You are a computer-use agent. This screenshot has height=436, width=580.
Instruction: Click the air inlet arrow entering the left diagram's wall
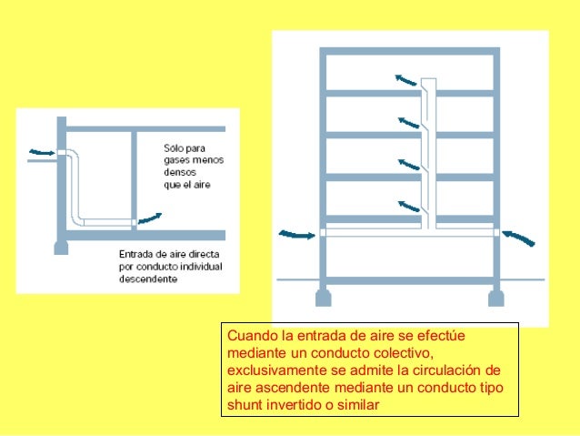point(40,151)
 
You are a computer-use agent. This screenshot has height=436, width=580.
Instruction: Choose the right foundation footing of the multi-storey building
point(496,298)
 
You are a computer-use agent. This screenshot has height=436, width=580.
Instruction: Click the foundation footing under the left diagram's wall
point(61,247)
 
